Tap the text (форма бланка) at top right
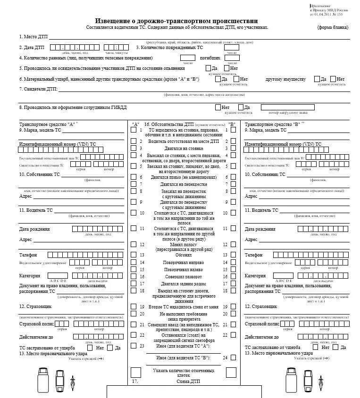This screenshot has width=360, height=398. tap(333, 28)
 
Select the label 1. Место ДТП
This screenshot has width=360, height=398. tap(33, 37)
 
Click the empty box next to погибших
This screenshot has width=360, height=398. tap(232, 58)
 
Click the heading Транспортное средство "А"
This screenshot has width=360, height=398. tap(47, 124)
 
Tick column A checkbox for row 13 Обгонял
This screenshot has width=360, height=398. tap(134, 255)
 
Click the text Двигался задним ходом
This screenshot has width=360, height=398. tap(184, 284)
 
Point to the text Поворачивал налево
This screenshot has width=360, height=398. tap(184, 270)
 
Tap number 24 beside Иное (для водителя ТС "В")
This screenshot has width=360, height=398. tap(225, 358)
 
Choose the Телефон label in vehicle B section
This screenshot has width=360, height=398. tap(253, 255)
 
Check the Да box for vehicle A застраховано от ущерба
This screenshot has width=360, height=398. tap(110, 348)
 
